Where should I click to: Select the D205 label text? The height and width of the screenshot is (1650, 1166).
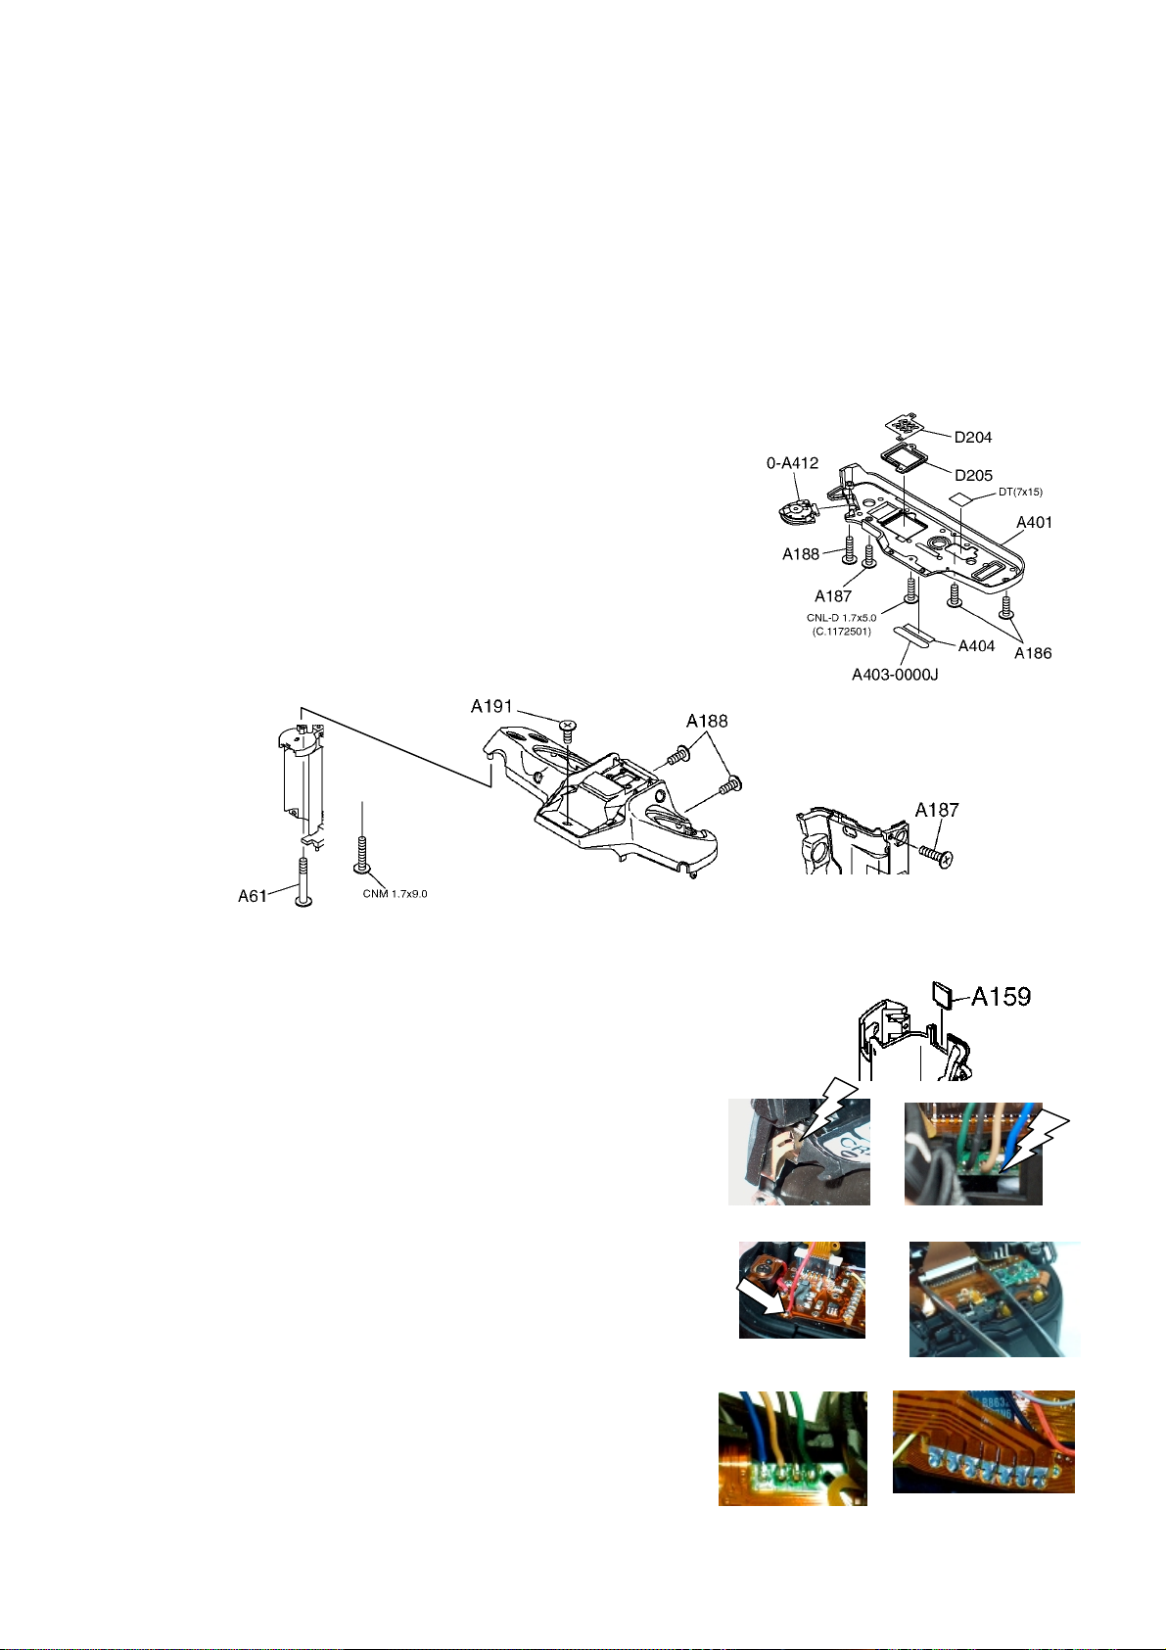[x=973, y=475]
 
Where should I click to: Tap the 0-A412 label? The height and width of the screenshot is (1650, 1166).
[x=792, y=462]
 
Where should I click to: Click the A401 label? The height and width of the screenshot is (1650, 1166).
[x=1034, y=522]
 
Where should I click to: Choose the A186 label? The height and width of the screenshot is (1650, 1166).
[x=1033, y=653]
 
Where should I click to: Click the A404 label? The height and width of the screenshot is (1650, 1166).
[x=976, y=645]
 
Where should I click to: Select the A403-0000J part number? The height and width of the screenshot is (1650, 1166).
[x=895, y=674]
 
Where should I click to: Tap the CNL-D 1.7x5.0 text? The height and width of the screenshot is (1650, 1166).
[x=841, y=618]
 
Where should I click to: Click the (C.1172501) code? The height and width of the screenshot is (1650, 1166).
[x=841, y=632]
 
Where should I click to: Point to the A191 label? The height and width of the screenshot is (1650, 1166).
[x=492, y=706]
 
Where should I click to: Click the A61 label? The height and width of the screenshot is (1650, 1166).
[x=254, y=895]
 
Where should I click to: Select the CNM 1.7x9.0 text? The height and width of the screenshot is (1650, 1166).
[x=391, y=893]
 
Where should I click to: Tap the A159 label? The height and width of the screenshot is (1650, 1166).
[x=1001, y=997]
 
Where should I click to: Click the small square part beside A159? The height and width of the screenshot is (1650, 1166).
[x=944, y=996]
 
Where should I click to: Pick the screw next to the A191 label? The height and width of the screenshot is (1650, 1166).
[x=567, y=725]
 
